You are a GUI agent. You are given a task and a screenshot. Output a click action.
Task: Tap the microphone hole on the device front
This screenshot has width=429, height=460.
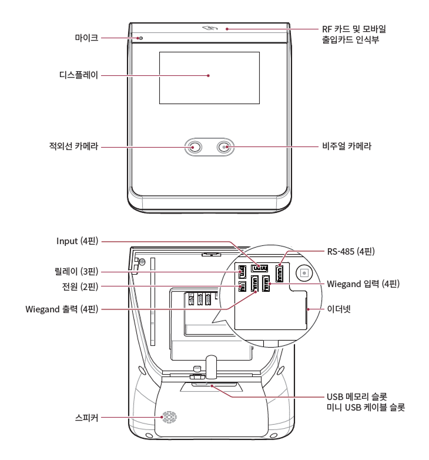pos(140,38)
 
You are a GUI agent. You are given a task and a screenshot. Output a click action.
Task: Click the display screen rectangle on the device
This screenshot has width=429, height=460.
pos(209,75)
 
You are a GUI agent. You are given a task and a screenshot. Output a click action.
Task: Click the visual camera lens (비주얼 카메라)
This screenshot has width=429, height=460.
pos(224,147)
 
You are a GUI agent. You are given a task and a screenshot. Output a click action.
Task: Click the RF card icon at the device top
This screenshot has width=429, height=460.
pos(209,28)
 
